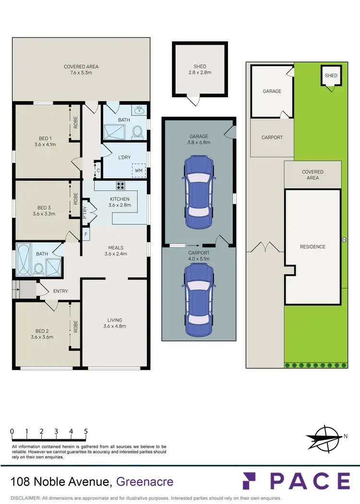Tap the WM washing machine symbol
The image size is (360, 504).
tap(138, 170)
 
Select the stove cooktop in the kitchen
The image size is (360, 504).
tap(120, 187)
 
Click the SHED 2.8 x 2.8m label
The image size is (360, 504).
tap(200, 70)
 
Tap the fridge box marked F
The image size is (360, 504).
tap(86, 234)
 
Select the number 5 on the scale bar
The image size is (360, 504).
tap(86, 431)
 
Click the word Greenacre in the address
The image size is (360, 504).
tap(145, 481)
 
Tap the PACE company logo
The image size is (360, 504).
tap(296, 481)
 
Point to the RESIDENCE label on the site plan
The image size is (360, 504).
tap(312, 246)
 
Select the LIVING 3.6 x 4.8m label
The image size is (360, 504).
tap(115, 323)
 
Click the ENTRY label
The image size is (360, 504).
tap(60, 291)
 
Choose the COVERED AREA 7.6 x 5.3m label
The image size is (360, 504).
tap(81, 70)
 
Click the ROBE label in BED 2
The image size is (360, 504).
tap(75, 326)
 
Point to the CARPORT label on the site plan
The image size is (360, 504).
tap(272, 138)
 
